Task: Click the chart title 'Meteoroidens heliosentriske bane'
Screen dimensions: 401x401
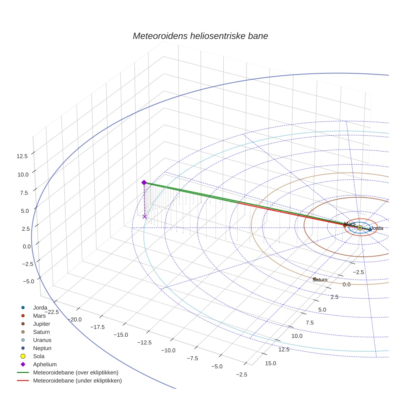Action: (x=200, y=36)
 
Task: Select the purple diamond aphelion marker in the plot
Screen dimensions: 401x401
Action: (x=144, y=183)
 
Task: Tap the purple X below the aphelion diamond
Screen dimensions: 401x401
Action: (x=144, y=217)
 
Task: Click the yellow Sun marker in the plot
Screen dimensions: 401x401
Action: (x=360, y=228)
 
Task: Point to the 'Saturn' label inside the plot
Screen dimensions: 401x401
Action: (x=320, y=280)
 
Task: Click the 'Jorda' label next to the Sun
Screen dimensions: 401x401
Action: (x=377, y=228)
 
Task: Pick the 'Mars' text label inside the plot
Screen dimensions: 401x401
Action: (x=350, y=224)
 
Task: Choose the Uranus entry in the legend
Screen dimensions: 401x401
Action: (x=42, y=340)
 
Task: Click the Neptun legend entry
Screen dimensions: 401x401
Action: (x=42, y=348)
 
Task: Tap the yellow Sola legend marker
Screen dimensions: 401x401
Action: (x=23, y=356)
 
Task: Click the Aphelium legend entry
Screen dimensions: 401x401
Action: (x=44, y=364)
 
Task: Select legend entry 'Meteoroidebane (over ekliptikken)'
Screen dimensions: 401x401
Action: (x=75, y=372)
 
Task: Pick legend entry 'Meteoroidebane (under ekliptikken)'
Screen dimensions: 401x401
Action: (x=77, y=381)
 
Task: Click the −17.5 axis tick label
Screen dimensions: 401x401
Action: (x=97, y=327)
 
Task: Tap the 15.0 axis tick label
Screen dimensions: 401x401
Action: (x=270, y=363)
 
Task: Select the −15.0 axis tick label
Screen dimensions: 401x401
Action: (x=121, y=335)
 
